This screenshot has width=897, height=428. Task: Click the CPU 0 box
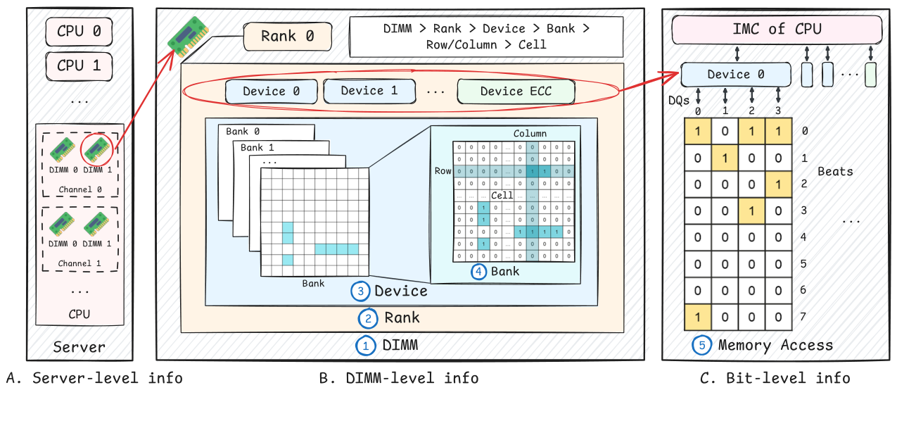click(79, 31)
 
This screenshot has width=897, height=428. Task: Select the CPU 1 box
click(79, 65)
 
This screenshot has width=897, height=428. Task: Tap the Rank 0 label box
click(287, 36)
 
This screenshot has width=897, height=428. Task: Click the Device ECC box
click(516, 92)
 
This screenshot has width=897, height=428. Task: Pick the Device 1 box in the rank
click(369, 91)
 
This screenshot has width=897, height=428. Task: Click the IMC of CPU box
click(777, 30)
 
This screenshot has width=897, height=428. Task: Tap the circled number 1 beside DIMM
click(366, 346)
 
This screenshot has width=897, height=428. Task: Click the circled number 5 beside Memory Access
click(701, 346)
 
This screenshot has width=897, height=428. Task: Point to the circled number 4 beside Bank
click(479, 272)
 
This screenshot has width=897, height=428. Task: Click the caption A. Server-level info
click(94, 378)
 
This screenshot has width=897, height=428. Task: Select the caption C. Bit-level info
click(775, 378)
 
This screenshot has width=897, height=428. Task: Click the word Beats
click(835, 171)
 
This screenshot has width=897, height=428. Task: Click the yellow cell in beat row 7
click(698, 317)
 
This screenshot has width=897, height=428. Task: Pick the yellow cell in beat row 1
click(725, 158)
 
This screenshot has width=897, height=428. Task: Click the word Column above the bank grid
click(530, 133)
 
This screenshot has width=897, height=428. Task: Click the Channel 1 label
click(79, 263)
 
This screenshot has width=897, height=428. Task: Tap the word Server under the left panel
click(79, 346)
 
